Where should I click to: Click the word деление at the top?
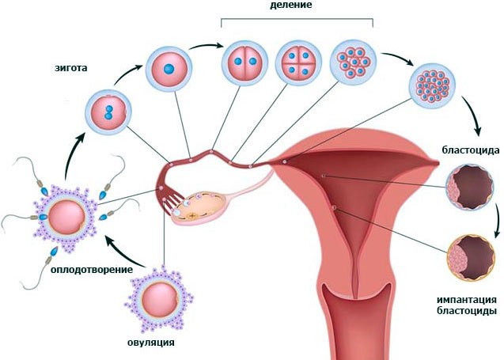point(291,5)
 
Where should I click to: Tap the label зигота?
point(70,68)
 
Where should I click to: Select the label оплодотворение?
point(92,269)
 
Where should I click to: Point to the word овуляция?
point(151,343)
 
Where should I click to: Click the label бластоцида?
point(471,150)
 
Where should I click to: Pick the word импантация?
point(466,300)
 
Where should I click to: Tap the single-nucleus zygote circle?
point(169,69)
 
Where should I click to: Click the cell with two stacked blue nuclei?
point(109,112)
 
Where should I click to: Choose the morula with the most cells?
point(433,85)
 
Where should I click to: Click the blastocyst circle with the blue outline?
point(470,188)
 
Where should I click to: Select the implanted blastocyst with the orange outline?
point(472,258)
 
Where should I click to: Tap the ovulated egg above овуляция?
point(159,298)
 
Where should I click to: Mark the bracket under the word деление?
point(297,22)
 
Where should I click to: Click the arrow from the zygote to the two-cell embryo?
point(206,46)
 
